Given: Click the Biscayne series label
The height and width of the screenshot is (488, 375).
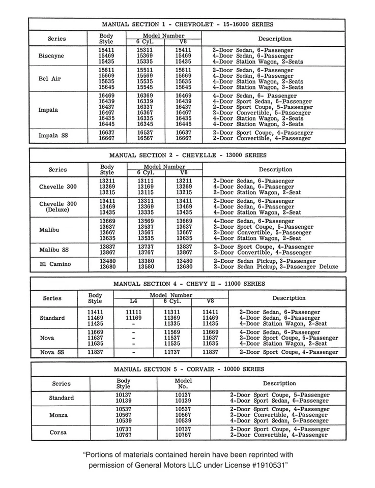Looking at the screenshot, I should pos(51,56).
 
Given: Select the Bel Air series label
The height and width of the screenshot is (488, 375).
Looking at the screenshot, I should pos(49,79).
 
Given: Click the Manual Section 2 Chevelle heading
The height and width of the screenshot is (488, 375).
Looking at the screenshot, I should pos(188,155).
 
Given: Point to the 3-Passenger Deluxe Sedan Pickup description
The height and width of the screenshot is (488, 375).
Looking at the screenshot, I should pos(275,266).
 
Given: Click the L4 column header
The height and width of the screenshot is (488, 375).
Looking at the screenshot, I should pos(133,301).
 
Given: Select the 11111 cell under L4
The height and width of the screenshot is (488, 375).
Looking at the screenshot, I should pos(133,312).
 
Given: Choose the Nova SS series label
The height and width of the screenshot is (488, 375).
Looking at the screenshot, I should pos(53,352).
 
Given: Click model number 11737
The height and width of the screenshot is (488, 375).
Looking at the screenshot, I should pos(172,352).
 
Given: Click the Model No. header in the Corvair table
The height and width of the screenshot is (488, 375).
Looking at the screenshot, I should pos(183,383).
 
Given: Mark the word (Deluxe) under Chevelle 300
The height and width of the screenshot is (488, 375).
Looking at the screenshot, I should pos(58,209).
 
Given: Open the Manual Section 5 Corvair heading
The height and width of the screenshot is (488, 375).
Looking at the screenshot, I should pos(188,369).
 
